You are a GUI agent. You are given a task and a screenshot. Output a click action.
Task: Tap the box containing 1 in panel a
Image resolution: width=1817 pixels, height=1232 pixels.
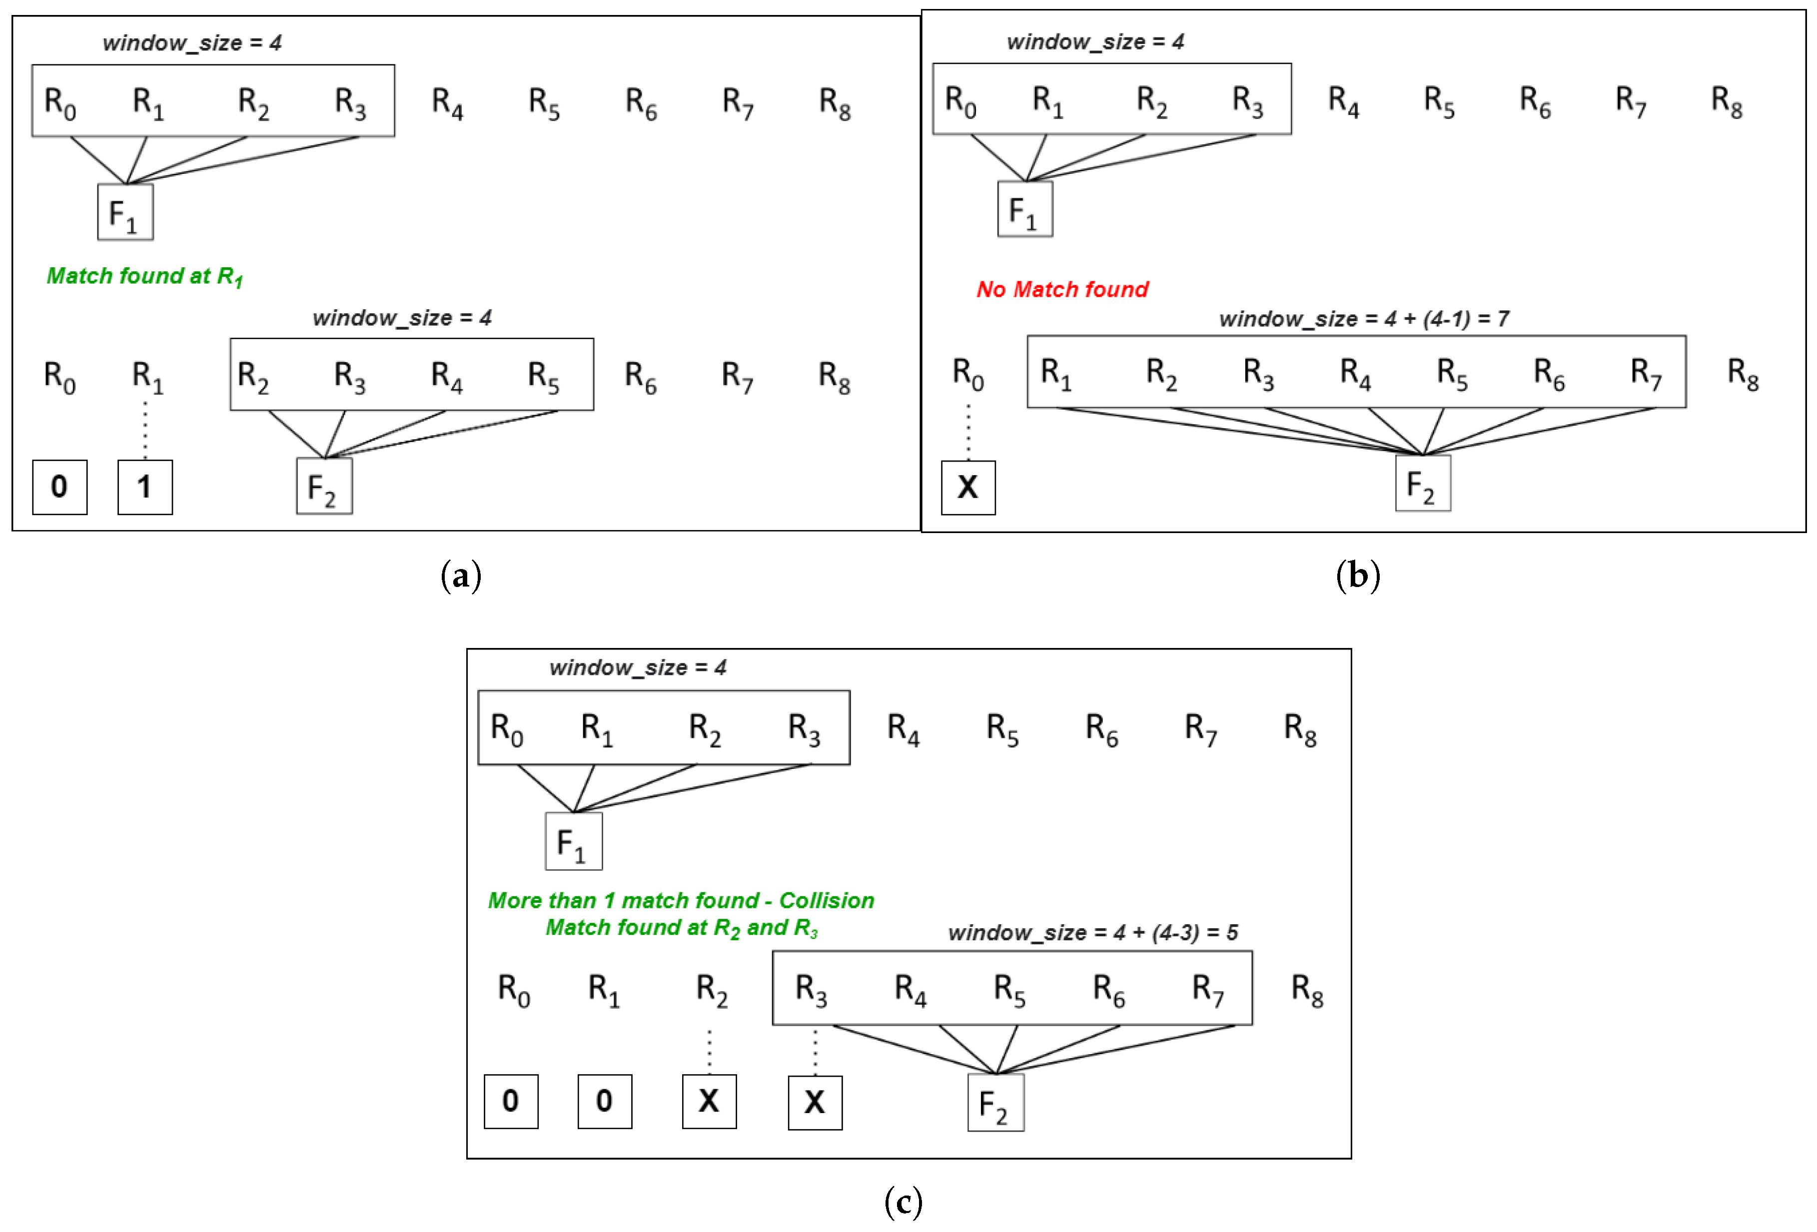(144, 487)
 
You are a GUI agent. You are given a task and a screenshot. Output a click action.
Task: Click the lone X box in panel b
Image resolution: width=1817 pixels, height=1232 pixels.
(968, 487)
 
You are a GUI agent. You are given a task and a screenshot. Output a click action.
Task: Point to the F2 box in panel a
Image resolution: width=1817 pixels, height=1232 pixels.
(324, 486)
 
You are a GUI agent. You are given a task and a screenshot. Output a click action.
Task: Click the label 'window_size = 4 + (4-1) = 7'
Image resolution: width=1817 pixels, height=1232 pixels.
(1364, 319)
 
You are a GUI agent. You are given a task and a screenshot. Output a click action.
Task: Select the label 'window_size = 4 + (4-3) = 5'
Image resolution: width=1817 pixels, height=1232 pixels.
(1092, 933)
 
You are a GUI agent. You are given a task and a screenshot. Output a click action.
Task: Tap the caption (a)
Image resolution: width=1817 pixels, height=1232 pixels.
(461, 576)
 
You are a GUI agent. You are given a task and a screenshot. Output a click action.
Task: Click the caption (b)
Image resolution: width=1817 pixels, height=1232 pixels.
(1358, 576)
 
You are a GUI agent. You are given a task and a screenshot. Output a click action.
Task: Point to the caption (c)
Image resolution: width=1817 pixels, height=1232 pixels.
(903, 1202)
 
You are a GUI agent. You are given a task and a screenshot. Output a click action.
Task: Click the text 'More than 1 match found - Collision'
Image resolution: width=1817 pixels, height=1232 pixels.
(680, 901)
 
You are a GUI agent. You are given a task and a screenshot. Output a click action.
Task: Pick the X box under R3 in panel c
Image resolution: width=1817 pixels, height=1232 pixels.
(815, 1102)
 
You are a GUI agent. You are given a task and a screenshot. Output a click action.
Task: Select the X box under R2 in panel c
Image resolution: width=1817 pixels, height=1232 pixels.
(709, 1101)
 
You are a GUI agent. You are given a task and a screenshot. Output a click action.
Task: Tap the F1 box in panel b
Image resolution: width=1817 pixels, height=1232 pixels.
(1024, 209)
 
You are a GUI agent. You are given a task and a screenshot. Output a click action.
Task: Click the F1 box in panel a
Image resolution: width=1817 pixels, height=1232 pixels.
(125, 212)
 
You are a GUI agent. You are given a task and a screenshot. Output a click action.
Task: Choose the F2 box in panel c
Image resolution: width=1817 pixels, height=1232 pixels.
(995, 1102)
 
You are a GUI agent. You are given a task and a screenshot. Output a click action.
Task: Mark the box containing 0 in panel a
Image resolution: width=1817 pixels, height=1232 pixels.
(59, 487)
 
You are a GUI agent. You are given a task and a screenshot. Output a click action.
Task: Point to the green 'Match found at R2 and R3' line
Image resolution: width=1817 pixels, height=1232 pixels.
(681, 928)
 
